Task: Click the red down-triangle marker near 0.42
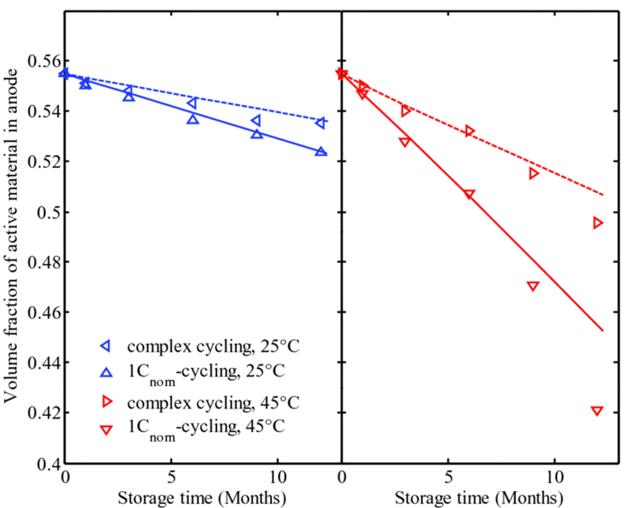click(597, 411)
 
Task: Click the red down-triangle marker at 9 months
click(533, 286)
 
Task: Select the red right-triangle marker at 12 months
click(598, 223)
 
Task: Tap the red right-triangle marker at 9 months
click(534, 173)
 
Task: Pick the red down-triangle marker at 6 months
click(469, 194)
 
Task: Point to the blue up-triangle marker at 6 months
click(193, 119)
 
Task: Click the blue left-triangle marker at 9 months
click(256, 121)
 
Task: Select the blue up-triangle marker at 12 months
click(321, 152)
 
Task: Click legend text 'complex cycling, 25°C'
click(213, 347)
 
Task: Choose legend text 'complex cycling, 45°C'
click(213, 403)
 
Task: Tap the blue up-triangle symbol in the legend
click(106, 373)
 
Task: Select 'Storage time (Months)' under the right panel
click(479, 498)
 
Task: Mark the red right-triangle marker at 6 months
click(470, 131)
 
